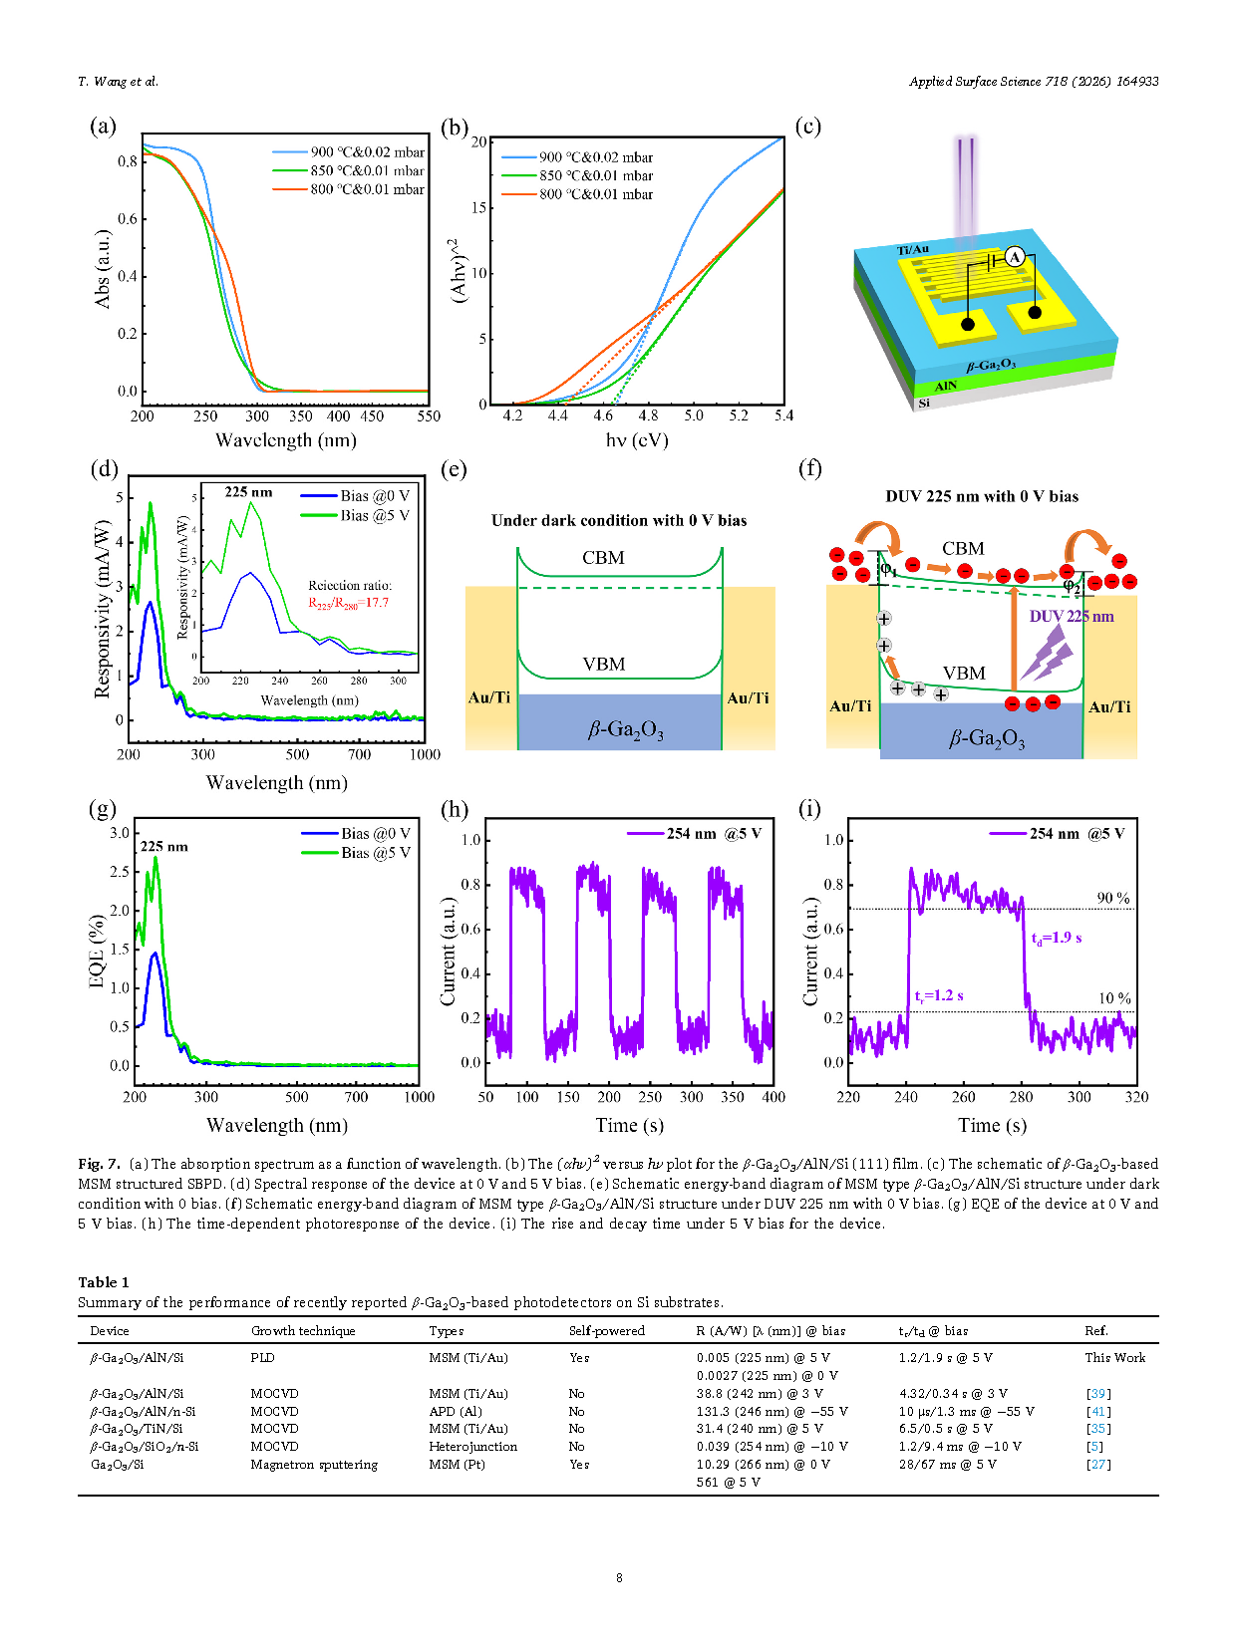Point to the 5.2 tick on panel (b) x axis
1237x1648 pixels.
point(739,415)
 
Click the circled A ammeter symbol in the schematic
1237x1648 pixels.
point(1015,257)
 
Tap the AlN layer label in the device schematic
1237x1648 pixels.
point(946,386)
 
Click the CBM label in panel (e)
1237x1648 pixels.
point(603,558)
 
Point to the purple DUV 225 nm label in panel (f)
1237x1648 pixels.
point(1072,617)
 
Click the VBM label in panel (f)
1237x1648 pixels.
point(964,674)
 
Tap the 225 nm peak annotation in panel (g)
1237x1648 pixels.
point(163,846)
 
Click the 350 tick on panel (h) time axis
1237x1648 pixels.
point(733,1097)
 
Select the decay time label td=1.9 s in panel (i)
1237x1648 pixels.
point(1057,938)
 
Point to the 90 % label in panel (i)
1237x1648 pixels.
point(1113,898)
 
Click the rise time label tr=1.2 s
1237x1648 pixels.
point(939,995)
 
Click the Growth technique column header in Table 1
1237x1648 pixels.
point(303,1331)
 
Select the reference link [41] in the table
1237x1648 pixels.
point(1097,1411)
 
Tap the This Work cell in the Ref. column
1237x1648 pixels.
point(1114,1357)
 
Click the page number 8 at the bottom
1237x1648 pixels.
point(619,1577)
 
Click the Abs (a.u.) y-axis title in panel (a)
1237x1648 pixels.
point(102,269)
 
